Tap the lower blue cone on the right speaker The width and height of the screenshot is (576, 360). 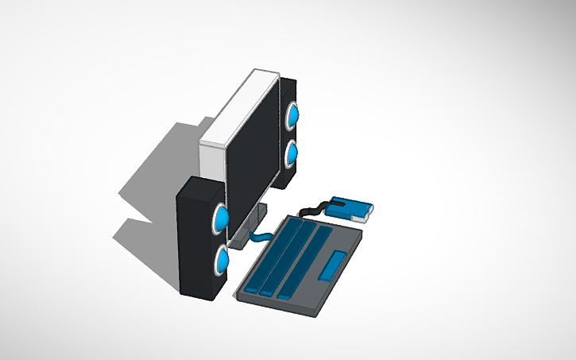click(x=292, y=153)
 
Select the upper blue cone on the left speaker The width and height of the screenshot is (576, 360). click(x=222, y=217)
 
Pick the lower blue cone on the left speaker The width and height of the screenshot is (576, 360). click(x=222, y=259)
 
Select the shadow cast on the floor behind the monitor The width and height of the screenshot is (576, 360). click(x=159, y=175)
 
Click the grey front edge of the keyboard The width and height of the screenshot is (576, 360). click(x=278, y=305)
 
